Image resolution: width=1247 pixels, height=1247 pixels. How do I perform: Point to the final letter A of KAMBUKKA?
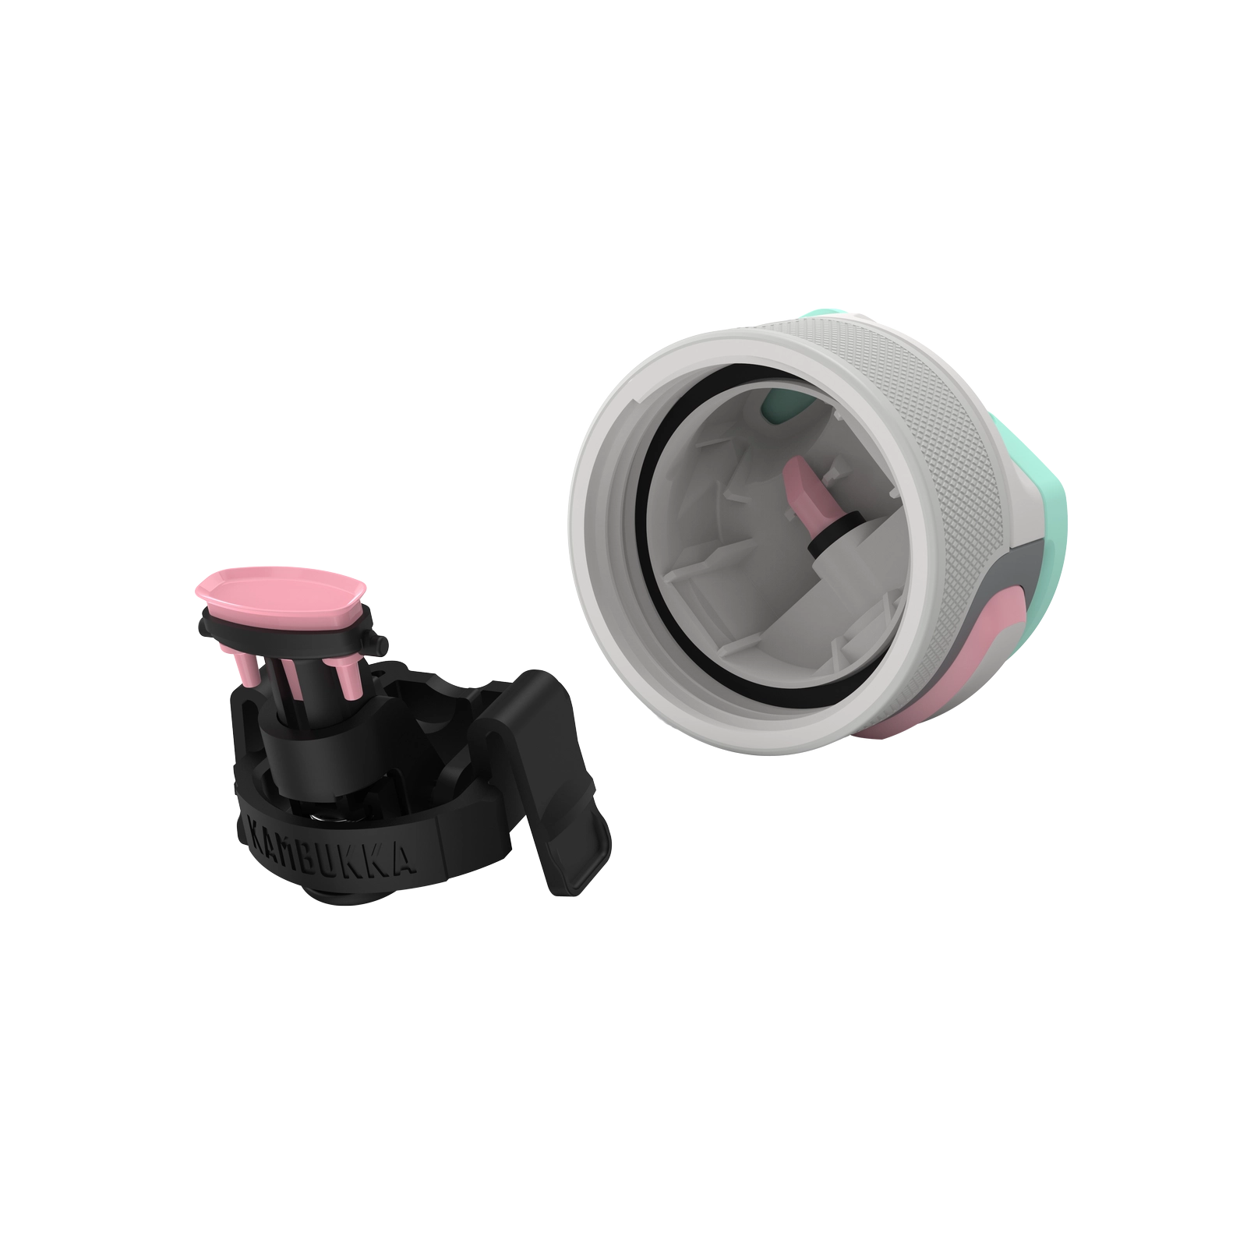click(x=425, y=864)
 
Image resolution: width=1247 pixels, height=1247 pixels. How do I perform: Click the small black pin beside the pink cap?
click(x=380, y=645)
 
